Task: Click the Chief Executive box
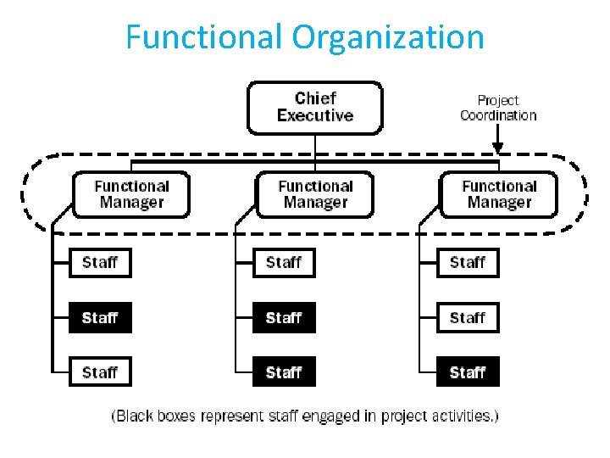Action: point(314,108)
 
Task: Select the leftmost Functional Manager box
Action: point(131,194)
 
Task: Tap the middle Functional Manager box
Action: point(315,194)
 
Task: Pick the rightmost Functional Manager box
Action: point(499,194)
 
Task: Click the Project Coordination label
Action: point(498,108)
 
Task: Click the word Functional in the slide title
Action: point(204,37)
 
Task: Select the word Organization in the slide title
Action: point(388,37)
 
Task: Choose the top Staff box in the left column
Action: point(100,263)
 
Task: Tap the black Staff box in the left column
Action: point(100,318)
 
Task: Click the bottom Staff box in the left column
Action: point(100,372)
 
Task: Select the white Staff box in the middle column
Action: point(284,263)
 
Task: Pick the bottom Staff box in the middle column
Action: point(284,372)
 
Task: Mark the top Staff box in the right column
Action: point(468,263)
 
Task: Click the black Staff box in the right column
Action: point(468,372)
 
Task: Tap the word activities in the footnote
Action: point(461,416)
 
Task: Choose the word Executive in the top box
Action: point(314,116)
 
